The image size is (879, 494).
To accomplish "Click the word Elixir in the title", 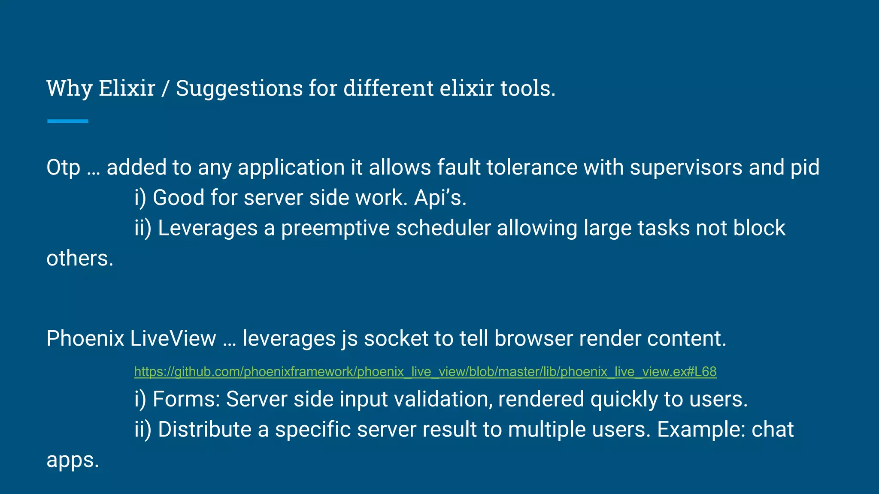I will point(127,88).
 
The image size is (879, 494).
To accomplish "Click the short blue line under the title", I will point(68,121).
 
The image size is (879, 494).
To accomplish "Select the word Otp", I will point(63,167).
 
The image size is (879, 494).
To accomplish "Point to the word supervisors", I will point(686,167).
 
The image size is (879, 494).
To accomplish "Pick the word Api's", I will point(440,198).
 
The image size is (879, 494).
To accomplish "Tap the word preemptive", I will point(335,228).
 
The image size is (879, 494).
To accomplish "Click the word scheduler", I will point(443,228).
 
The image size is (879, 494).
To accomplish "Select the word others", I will point(80,259).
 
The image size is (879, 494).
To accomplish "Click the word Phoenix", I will point(85,338).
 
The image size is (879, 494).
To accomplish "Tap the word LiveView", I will point(173,338).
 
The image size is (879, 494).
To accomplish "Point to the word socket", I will point(396,338).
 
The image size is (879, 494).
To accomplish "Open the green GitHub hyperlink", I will point(425,371).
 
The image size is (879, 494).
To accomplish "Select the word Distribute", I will point(204,430).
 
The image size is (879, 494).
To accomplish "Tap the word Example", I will point(701,430).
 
